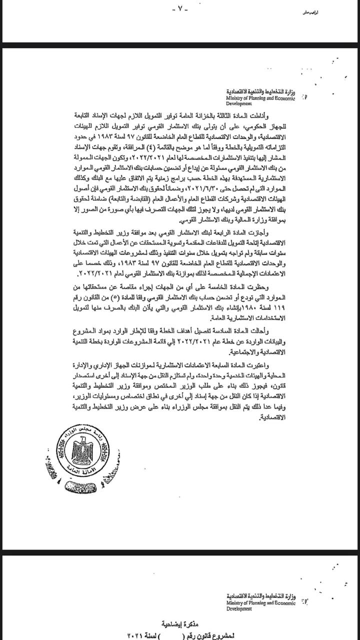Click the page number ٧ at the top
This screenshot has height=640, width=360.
(x=180, y=9)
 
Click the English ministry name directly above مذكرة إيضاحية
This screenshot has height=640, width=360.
(x=260, y=605)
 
